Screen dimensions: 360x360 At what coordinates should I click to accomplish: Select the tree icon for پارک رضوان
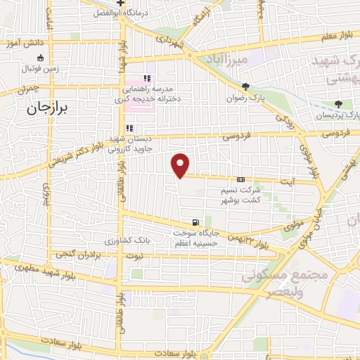245,87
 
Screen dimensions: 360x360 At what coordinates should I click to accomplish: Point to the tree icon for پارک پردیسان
339,104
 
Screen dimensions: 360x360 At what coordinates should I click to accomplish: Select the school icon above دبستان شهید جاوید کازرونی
129,129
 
